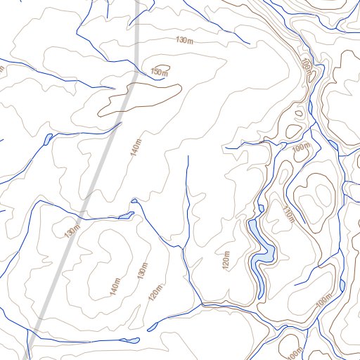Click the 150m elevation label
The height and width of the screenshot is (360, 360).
pyautogui.click(x=160, y=72)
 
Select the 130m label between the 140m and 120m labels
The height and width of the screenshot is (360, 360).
pyautogui.click(x=143, y=269)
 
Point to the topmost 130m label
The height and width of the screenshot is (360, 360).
pyautogui.click(x=184, y=41)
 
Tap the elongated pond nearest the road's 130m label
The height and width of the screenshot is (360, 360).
pyautogui.click(x=127, y=214)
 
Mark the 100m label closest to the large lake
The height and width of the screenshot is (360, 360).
pyautogui.click(x=300, y=148)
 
